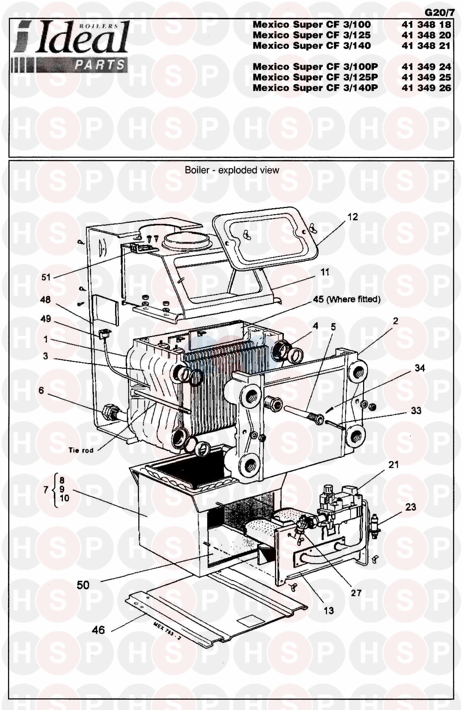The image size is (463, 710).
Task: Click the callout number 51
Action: (x=46, y=277)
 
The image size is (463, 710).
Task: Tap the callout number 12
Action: (x=352, y=217)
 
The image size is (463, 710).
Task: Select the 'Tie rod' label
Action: (x=81, y=450)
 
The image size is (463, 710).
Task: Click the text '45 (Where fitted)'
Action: (x=347, y=299)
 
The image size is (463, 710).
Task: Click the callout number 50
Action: (x=83, y=585)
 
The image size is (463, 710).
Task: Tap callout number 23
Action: (x=411, y=507)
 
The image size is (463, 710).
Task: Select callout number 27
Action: (x=356, y=593)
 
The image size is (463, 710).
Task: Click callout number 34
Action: (x=419, y=368)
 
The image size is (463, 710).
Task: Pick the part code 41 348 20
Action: (x=426, y=35)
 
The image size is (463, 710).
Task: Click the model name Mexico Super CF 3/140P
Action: (x=315, y=88)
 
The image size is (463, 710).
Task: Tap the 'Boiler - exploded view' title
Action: (x=232, y=170)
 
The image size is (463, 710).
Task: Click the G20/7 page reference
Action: (x=440, y=13)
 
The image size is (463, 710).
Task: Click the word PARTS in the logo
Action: (x=100, y=65)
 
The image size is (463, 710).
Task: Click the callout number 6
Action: (x=41, y=390)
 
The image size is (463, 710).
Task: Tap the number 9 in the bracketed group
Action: (x=62, y=489)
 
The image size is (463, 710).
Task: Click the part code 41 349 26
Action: (x=426, y=88)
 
